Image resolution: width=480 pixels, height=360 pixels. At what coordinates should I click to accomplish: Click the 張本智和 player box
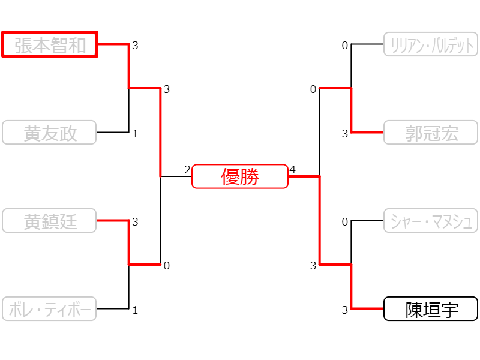pyautogui.click(x=50, y=44)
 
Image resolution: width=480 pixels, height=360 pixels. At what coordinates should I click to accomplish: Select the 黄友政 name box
pyautogui.click(x=50, y=133)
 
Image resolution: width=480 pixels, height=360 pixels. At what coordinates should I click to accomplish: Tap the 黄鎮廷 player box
pyautogui.click(x=50, y=220)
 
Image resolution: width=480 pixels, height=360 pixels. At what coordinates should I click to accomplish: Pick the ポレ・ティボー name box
pyautogui.click(x=50, y=309)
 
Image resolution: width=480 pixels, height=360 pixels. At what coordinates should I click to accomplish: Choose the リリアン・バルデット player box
pyautogui.click(x=430, y=44)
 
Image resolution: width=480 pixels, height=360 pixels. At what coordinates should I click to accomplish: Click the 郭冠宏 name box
pyautogui.click(x=430, y=133)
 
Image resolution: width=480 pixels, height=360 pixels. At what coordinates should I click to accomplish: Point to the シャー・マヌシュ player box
pyautogui.click(x=430, y=220)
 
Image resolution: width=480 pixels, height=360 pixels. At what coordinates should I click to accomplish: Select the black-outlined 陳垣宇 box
pyautogui.click(x=430, y=309)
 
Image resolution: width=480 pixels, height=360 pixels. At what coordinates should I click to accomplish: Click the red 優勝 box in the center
pyautogui.click(x=240, y=176)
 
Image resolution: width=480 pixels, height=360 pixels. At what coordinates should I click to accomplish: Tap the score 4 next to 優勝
pyautogui.click(x=293, y=170)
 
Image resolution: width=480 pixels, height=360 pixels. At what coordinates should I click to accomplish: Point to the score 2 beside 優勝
pyautogui.click(x=187, y=170)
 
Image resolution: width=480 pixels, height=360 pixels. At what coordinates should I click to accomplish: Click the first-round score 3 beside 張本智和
pyautogui.click(x=136, y=46)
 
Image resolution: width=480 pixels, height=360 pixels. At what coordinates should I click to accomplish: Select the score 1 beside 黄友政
pyautogui.click(x=136, y=134)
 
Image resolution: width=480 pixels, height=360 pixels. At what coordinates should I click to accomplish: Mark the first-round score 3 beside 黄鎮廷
pyautogui.click(x=136, y=222)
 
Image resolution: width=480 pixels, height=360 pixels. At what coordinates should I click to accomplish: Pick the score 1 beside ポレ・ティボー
pyautogui.click(x=136, y=310)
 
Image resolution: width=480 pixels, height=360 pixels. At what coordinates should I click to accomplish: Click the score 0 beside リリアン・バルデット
pyautogui.click(x=345, y=46)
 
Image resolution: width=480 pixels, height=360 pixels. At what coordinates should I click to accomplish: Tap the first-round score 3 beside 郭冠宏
pyautogui.click(x=345, y=134)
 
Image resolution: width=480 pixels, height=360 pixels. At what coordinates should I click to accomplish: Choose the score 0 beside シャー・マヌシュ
pyautogui.click(x=345, y=222)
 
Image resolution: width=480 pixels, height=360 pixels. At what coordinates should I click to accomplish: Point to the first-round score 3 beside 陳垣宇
pyautogui.click(x=345, y=310)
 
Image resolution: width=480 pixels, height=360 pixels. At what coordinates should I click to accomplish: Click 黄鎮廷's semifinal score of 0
pyautogui.click(x=167, y=266)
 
